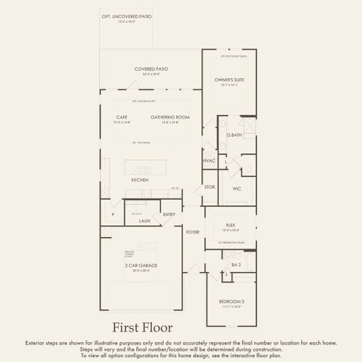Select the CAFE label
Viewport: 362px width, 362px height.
(x=121, y=117)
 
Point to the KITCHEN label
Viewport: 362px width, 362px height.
(x=140, y=180)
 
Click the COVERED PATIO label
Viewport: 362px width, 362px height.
(x=151, y=69)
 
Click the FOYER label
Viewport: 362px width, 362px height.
(x=192, y=232)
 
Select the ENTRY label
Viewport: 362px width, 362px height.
(x=169, y=214)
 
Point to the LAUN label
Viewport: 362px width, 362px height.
(x=144, y=221)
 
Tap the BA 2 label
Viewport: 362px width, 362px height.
(x=236, y=265)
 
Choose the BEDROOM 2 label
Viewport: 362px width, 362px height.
(x=232, y=302)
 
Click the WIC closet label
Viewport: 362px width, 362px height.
(x=237, y=188)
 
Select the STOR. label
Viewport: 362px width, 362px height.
(x=211, y=188)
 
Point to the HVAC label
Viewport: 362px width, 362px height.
(x=209, y=160)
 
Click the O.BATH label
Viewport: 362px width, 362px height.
(x=234, y=135)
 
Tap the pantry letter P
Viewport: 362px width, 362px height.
(x=113, y=215)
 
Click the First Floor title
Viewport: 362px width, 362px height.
(x=142, y=328)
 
